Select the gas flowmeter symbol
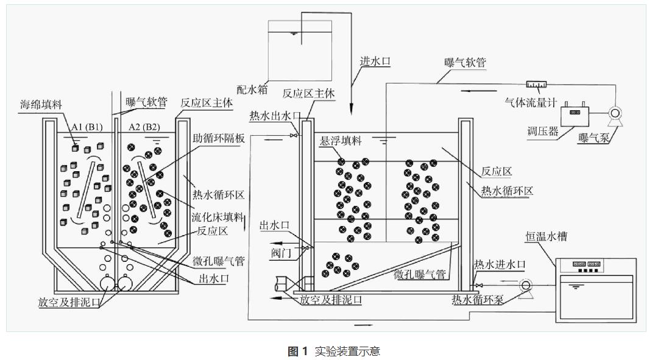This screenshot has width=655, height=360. [536, 83]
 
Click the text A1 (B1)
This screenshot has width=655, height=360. [86, 126]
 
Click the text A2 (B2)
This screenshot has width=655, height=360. [144, 126]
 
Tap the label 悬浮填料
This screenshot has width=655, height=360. [341, 141]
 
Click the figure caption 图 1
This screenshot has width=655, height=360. [298, 351]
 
